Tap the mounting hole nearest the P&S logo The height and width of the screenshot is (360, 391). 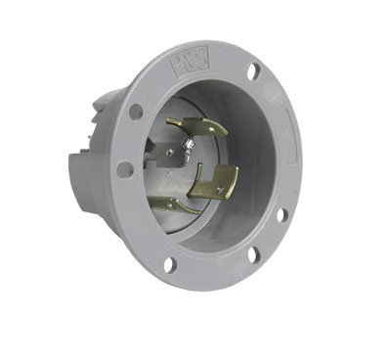[x=253, y=71]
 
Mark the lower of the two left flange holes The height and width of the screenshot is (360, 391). [x=125, y=169]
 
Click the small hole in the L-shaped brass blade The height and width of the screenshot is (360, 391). [x=221, y=183]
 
